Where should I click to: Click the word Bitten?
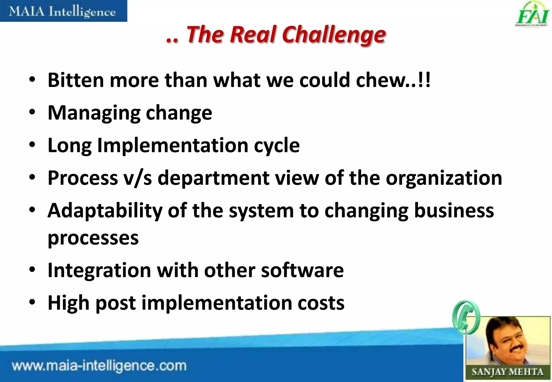pyautogui.click(x=76, y=80)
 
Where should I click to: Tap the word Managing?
pyautogui.click(x=94, y=113)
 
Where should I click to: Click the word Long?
pyautogui.click(x=70, y=145)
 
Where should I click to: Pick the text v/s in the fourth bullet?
pyautogui.click(x=137, y=178)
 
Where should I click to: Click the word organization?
pyautogui.click(x=444, y=178)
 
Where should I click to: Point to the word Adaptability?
pyautogui.click(x=105, y=211)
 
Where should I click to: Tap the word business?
pyautogui.click(x=454, y=210)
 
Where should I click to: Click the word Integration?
pyautogui.click(x=99, y=270)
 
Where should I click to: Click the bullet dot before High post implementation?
pyautogui.click(x=32, y=302)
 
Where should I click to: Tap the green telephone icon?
pyautogui.click(x=466, y=318)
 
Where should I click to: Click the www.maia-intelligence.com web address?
pyautogui.click(x=99, y=366)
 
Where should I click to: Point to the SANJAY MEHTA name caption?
pyautogui.click(x=507, y=372)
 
